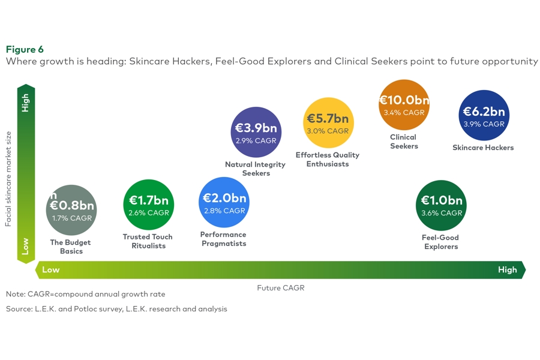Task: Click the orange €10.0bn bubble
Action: pyautogui.click(x=404, y=105)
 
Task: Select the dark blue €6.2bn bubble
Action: pyautogui.click(x=484, y=116)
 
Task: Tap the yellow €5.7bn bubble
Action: pyautogui.click(x=328, y=123)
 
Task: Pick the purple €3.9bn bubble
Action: pyautogui.click(x=256, y=133)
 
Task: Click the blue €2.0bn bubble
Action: pyautogui.click(x=224, y=202)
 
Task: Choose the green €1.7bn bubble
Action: pyautogui.click(x=148, y=205)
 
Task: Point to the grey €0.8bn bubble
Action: pyautogui.click(x=71, y=210)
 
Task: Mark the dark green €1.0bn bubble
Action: pyautogui.click(x=441, y=205)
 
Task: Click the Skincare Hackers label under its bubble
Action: pyautogui.click(x=483, y=148)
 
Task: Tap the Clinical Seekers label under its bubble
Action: pyautogui.click(x=404, y=142)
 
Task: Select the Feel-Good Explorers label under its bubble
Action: pyautogui.click(x=441, y=242)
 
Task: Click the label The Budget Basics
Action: pyautogui.click(x=71, y=247)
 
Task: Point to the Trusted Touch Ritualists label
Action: pyautogui.click(x=148, y=241)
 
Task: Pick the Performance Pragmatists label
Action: pyautogui.click(x=224, y=239)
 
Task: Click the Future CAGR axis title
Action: pyautogui.click(x=281, y=288)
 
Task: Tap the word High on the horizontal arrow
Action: pyautogui.click(x=507, y=270)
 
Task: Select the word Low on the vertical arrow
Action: pyautogui.click(x=26, y=246)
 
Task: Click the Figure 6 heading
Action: pyautogui.click(x=25, y=49)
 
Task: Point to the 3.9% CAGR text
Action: pyautogui.click(x=484, y=124)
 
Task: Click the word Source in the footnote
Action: pyautogui.click(x=19, y=309)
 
